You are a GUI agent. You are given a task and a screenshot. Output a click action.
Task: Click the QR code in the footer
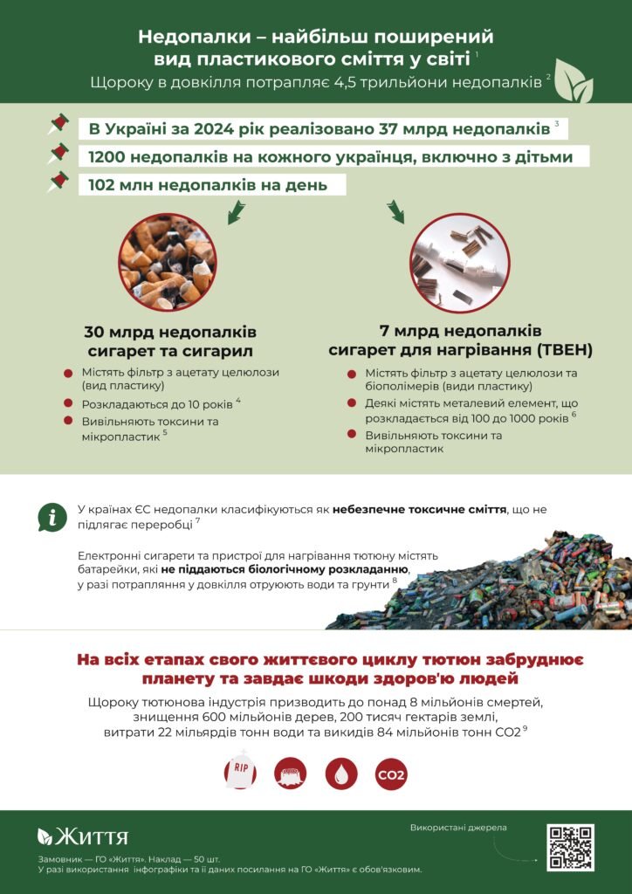tap(570, 847)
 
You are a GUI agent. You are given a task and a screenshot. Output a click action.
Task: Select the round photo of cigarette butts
tap(167, 262)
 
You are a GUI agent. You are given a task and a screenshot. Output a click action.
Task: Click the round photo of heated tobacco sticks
tap(459, 262)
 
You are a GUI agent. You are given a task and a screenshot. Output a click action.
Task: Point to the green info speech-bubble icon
tap(52, 518)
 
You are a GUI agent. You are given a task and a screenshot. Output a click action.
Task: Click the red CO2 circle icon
tap(391, 773)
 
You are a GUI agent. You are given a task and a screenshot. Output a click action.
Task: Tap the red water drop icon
tap(341, 773)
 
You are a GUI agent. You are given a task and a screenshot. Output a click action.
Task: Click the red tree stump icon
tap(291, 773)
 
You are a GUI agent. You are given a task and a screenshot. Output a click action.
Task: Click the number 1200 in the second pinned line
tap(106, 157)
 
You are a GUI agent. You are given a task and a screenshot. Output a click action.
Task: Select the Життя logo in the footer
tap(82, 837)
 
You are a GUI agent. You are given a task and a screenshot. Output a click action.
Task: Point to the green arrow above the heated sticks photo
tap(395, 210)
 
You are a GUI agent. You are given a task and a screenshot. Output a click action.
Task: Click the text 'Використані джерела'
tap(458, 827)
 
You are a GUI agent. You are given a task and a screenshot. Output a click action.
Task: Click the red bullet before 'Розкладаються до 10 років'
tap(68, 403)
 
